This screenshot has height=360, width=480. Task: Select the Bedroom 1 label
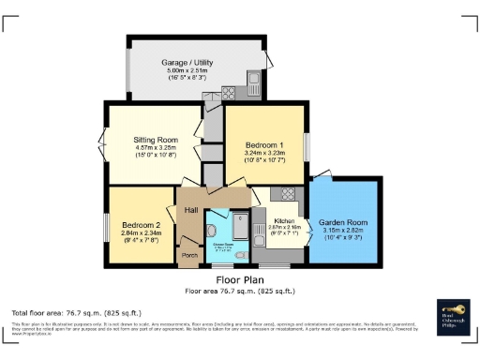coord(263,144)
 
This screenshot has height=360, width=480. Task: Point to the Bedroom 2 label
coord(141,225)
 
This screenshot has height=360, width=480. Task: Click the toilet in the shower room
coord(213,232)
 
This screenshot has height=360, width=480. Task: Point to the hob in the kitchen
coord(288,195)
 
